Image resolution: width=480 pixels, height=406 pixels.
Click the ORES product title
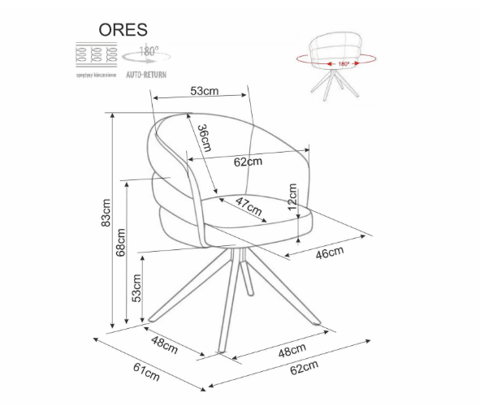click(x=123, y=29)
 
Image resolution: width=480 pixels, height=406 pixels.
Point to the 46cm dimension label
click(x=329, y=253)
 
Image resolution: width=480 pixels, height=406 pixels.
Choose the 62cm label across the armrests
click(x=248, y=161)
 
